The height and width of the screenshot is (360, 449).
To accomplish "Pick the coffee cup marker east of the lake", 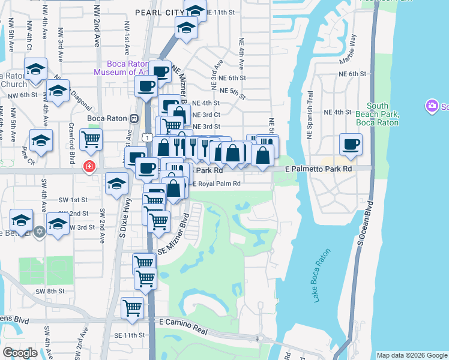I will point(351,144).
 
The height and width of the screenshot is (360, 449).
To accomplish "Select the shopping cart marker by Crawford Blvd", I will point(91,140).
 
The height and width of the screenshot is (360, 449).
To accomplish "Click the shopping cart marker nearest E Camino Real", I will point(132,308).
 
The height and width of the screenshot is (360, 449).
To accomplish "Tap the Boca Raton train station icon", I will point(134,118).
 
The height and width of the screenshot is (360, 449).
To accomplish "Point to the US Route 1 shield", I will point(147,137).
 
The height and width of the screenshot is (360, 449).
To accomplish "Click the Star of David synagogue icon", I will point(40,231).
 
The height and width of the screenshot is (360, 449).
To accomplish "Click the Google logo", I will point(20,353).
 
